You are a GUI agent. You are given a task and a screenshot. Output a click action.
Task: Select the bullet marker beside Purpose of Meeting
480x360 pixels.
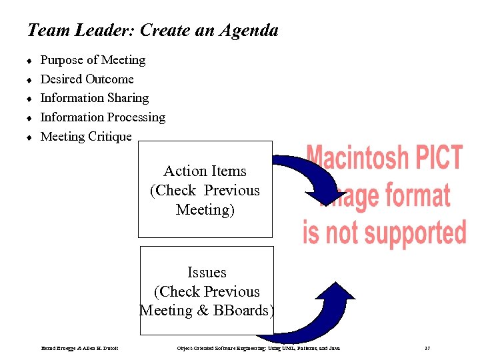coord(29,61)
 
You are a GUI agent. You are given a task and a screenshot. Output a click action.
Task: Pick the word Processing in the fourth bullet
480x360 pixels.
coord(134,117)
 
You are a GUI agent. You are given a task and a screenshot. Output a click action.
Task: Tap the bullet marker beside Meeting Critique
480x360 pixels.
coord(29,137)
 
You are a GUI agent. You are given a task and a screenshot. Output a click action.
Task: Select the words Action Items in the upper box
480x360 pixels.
coord(205,171)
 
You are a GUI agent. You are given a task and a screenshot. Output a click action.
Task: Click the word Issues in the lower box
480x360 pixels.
coord(207,273)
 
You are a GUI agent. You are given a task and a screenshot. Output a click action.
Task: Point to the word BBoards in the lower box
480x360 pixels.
coord(247,311)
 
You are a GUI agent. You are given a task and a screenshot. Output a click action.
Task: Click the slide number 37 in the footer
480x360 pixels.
coord(427,349)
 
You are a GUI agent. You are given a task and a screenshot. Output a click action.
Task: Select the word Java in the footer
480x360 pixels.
coord(334,349)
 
